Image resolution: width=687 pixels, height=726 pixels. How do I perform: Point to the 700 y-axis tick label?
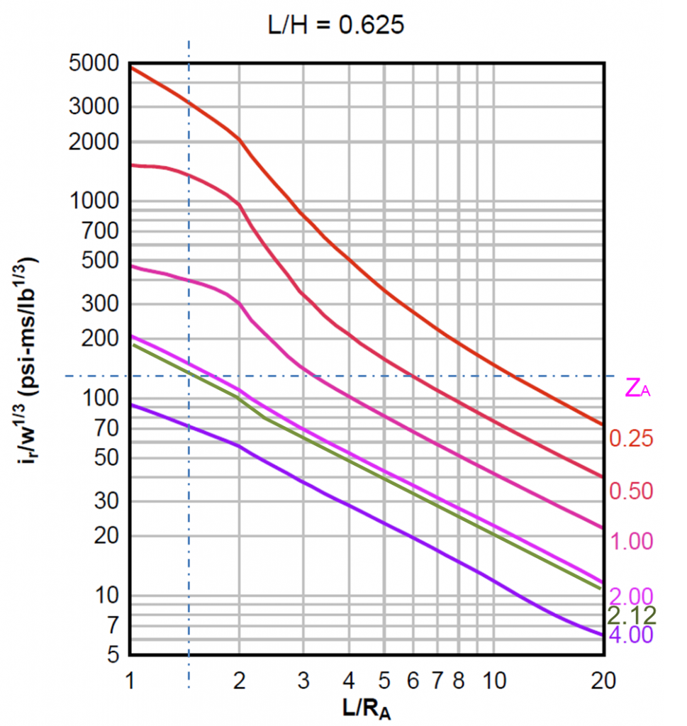coord(106,230)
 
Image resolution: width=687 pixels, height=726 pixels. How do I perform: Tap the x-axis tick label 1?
coord(130,681)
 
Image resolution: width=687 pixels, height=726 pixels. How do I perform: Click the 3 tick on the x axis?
coord(303,681)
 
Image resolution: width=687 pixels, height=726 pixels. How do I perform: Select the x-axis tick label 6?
coord(412,681)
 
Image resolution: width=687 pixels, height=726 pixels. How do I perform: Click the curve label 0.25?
coord(631,439)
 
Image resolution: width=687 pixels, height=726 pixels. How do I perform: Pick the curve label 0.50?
coord(631,491)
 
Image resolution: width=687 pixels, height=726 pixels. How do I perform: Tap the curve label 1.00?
coord(631,542)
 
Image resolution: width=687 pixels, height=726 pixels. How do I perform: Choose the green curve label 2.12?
coord(632,614)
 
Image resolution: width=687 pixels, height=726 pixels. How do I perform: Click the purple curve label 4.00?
coord(631,634)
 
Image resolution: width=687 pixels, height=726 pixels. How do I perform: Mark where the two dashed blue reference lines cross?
coord(189,376)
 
